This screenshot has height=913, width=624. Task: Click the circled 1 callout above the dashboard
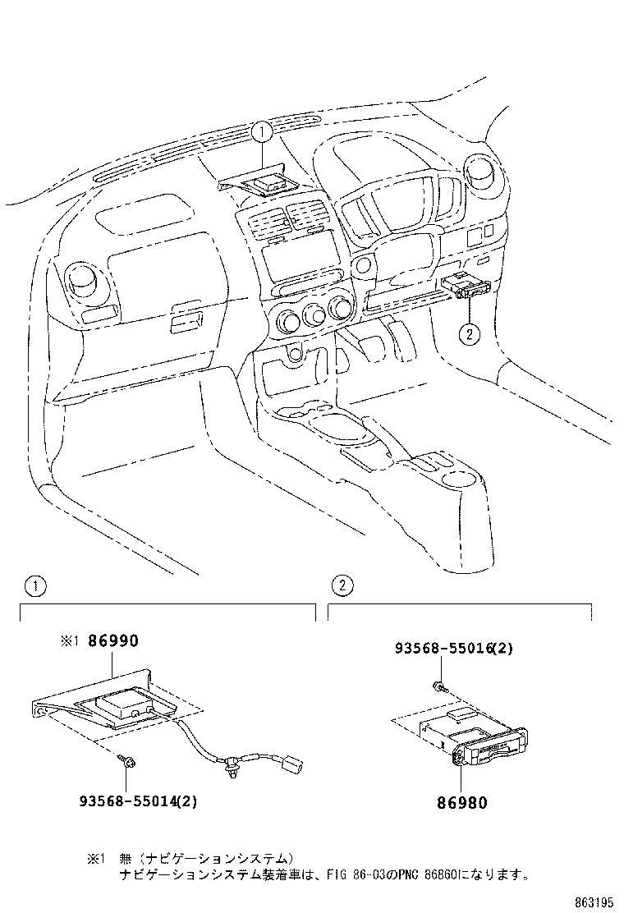[x=261, y=131]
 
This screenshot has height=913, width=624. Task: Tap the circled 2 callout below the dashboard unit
[x=468, y=334]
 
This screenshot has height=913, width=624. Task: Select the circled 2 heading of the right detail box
[x=340, y=586]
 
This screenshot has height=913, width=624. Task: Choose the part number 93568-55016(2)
[x=454, y=648]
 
